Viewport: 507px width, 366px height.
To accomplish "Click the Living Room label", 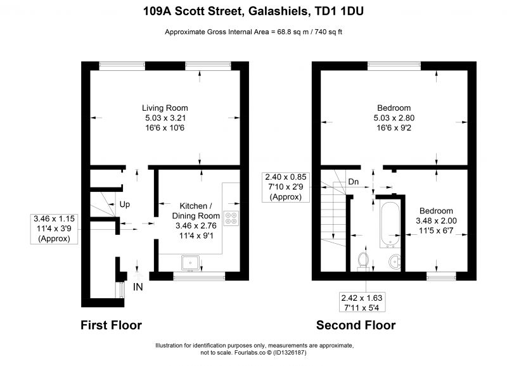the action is [x=165, y=108].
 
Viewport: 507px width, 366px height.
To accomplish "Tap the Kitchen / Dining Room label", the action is [x=196, y=211].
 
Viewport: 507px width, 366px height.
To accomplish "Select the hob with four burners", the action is [x=231, y=218].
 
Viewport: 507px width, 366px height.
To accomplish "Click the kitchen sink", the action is [x=190, y=263].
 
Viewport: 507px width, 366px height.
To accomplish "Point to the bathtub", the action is [x=390, y=225].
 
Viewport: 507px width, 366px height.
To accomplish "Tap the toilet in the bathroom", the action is [x=363, y=261].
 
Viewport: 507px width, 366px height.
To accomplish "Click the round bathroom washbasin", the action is [x=395, y=262].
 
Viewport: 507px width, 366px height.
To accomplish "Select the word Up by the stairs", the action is [x=125, y=205].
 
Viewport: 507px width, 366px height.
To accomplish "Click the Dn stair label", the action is [x=354, y=182].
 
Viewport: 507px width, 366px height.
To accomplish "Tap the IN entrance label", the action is [x=138, y=287].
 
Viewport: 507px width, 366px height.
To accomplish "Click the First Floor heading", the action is [x=112, y=325].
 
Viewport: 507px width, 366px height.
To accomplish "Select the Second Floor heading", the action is [x=356, y=325].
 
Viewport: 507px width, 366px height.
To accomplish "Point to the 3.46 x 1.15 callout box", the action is [x=54, y=229].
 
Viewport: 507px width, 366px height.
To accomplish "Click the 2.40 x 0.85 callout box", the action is [x=286, y=187].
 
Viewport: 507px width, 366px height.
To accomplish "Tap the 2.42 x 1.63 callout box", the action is [x=362, y=303].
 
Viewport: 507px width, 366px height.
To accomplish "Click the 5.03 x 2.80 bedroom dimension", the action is [x=394, y=118].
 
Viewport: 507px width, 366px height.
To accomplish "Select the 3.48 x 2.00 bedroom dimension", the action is [x=436, y=221].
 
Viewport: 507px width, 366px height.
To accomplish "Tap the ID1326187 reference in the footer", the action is [x=290, y=353].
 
